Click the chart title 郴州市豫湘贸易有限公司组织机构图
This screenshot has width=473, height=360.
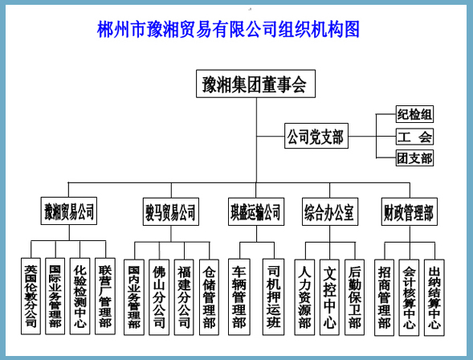coord(228,29)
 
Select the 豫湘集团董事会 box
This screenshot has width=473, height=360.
coord(255,84)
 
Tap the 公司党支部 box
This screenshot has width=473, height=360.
coord(316,136)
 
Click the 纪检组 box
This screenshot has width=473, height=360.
coord(414,114)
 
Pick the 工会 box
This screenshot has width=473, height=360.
coord(414,137)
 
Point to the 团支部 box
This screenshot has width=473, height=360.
coord(414,157)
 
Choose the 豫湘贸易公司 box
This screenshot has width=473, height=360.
coord(69,211)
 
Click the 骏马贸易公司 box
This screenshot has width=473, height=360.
coord(171,211)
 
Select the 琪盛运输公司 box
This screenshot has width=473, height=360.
coord(256,211)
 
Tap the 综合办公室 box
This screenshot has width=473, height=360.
coord(330,211)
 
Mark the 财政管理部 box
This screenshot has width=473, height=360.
coord(409,211)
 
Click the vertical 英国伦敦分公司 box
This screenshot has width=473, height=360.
coord(31,296)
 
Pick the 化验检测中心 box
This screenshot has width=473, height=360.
coord(80,296)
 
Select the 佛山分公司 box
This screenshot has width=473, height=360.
coord(159,297)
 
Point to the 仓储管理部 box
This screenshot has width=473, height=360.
coord(209,297)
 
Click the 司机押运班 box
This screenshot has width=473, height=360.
coord(273,297)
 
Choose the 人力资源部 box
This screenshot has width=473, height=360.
coord(304,297)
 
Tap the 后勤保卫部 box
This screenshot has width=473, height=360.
coord(354,297)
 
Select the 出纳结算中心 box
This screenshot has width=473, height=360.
coord(434,297)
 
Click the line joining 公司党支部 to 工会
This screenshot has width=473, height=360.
coord(373,137)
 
